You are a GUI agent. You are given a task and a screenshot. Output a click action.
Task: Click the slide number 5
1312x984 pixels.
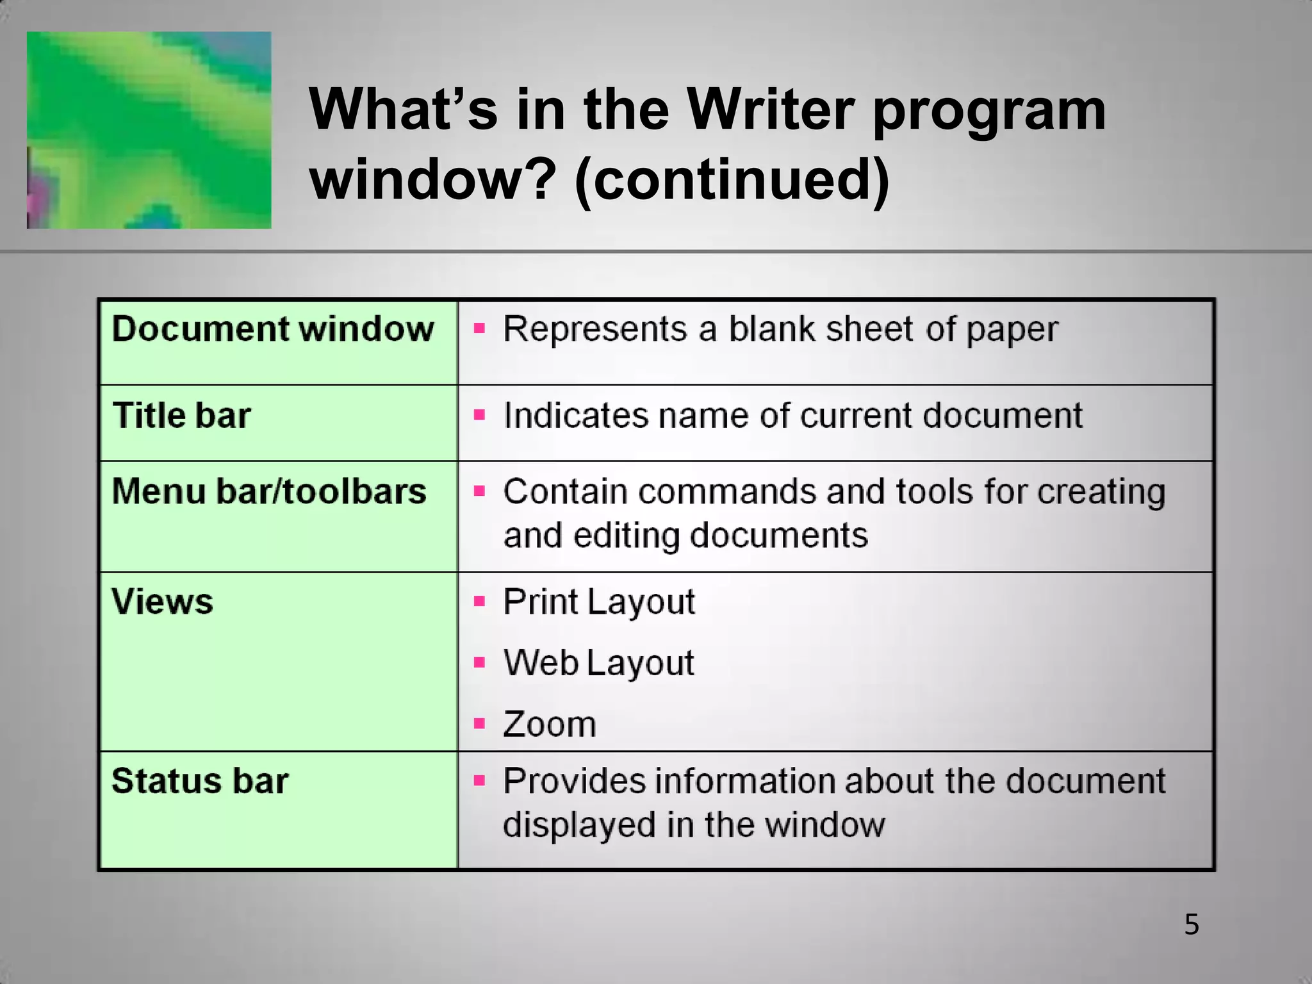click(x=1191, y=924)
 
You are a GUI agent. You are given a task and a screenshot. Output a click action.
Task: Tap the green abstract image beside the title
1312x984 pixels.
click(x=149, y=130)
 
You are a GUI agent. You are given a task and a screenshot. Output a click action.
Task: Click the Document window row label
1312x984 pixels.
click(x=273, y=329)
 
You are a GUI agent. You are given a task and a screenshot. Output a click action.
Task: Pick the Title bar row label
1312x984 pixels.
click(x=182, y=415)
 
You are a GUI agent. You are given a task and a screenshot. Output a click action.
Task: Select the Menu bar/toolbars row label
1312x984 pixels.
click(x=269, y=491)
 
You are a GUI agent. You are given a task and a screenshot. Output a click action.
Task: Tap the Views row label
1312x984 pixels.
click(x=162, y=602)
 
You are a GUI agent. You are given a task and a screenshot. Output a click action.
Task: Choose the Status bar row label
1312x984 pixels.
click(x=200, y=781)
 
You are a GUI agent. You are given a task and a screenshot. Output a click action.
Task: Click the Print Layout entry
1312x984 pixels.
click(x=599, y=602)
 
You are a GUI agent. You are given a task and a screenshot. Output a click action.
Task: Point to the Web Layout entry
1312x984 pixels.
click(x=598, y=662)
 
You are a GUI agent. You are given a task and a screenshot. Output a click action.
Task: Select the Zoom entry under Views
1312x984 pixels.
click(x=550, y=724)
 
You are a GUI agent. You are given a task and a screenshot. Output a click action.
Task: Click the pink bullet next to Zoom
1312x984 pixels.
click(x=479, y=724)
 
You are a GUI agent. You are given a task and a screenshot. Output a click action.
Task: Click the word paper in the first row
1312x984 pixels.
click(x=1012, y=331)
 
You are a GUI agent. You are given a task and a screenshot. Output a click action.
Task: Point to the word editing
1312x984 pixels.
click(x=626, y=535)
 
